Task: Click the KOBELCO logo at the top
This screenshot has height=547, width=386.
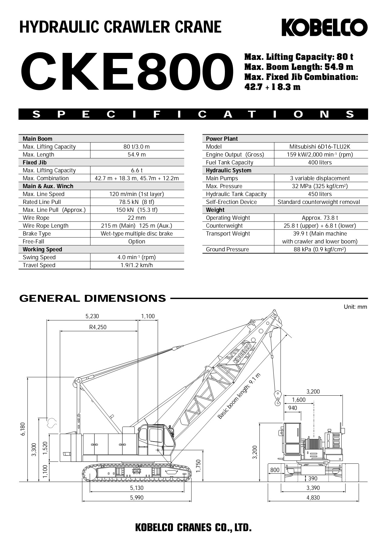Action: pyautogui.click(x=324, y=27)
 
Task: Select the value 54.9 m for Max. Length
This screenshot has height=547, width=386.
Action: pyautogui.click(x=137, y=155)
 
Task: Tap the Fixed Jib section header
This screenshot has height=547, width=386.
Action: pyautogui.click(x=35, y=163)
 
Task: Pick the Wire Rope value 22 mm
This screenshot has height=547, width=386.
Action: pyautogui.click(x=137, y=218)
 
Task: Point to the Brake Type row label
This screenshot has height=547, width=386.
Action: pyautogui.click(x=37, y=234)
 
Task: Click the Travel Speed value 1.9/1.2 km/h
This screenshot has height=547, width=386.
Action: pyautogui.click(x=137, y=265)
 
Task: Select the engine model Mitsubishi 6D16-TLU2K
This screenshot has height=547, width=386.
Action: pyautogui.click(x=320, y=147)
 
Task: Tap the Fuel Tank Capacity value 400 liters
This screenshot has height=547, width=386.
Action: pyautogui.click(x=320, y=163)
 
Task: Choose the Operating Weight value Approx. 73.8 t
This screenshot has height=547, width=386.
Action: pyautogui.click(x=320, y=218)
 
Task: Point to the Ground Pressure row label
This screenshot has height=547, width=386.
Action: pyautogui.click(x=227, y=249)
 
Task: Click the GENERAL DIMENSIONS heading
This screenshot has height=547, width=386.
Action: pyautogui.click(x=93, y=298)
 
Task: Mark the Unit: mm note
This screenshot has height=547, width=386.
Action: pyautogui.click(x=355, y=307)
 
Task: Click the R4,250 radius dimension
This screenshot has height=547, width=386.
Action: pyautogui.click(x=98, y=327)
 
